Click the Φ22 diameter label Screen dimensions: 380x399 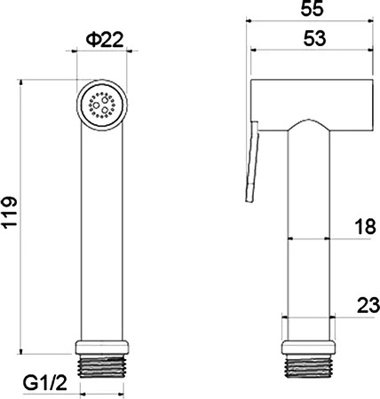pyautogui.click(x=105, y=40)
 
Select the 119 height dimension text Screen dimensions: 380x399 pyautogui.click(x=10, y=212)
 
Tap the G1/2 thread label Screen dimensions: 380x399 pyautogui.click(x=45, y=383)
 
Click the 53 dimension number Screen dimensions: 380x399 pyautogui.click(x=315, y=38)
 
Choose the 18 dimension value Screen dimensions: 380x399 pyautogui.click(x=365, y=227)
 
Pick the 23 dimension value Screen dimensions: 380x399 pyautogui.click(x=368, y=305)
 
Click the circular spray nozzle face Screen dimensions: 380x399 pyautogui.click(x=102, y=105)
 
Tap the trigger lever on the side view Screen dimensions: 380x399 pyautogui.click(x=252, y=161)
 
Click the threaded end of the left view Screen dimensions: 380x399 pyautogui.click(x=102, y=366)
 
